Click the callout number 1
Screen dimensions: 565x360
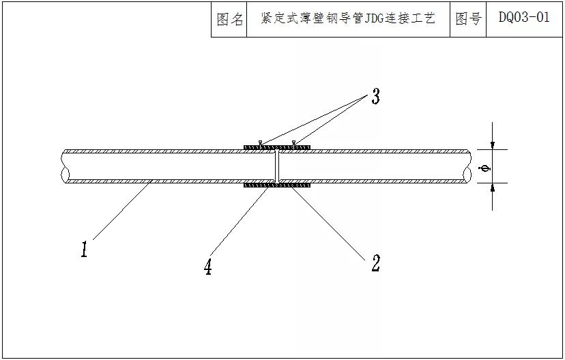(x=85, y=250)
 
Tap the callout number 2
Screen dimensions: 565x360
(x=375, y=262)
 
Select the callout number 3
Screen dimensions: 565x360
(x=375, y=97)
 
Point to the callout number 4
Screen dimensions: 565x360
(x=208, y=267)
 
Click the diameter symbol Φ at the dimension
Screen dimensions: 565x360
(x=485, y=168)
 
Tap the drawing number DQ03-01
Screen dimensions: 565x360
(x=524, y=17)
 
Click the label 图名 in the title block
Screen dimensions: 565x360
(x=229, y=19)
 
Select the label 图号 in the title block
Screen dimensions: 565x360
(x=468, y=18)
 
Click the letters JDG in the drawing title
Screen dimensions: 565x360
(x=374, y=18)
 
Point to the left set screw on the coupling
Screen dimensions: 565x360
(x=260, y=143)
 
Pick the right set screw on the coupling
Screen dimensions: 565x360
(x=293, y=143)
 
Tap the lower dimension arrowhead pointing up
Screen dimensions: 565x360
(x=493, y=187)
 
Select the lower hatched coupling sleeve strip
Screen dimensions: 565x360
(x=277, y=185)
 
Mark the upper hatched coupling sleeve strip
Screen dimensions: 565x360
(x=277, y=147)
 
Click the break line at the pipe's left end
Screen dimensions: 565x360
(x=63, y=166)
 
